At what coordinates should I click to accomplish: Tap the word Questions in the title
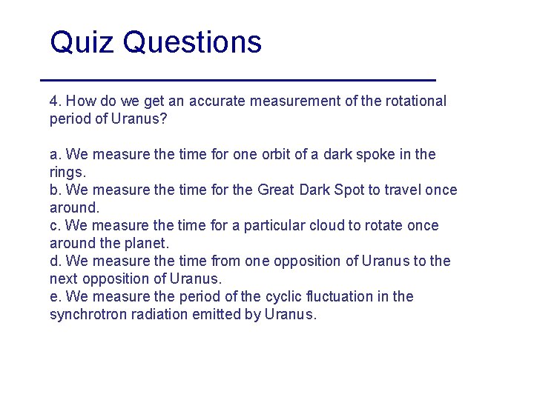[193, 42]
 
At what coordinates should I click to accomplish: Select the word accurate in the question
[219, 101]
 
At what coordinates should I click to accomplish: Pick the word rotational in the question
[416, 101]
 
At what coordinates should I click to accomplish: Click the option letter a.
[54, 155]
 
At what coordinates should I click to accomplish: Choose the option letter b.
[54, 190]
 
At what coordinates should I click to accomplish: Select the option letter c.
[54, 226]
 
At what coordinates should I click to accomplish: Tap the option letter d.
[54, 261]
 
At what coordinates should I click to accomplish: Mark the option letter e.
[54, 297]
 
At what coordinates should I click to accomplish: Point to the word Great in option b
[276, 190]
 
